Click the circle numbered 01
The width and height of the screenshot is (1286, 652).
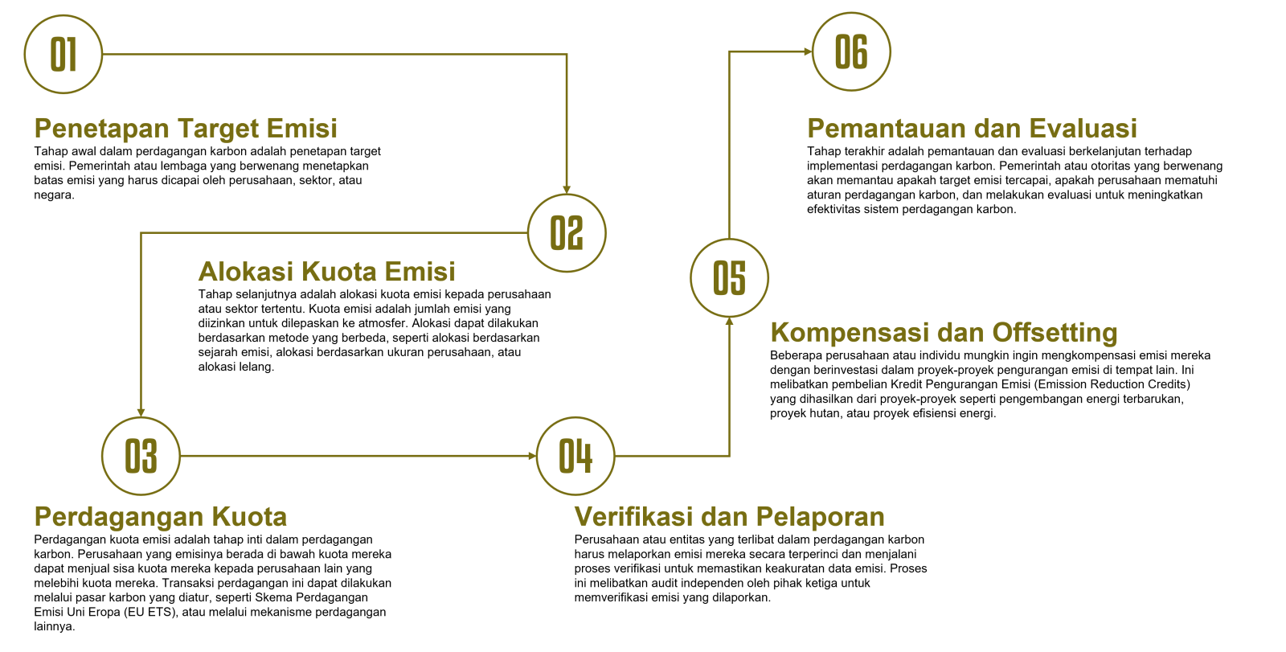tap(63, 55)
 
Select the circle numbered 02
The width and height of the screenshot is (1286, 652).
tap(567, 233)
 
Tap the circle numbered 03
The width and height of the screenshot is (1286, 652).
tap(141, 456)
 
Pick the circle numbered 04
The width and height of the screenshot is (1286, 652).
tap(575, 456)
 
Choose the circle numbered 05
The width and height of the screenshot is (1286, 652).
tap(730, 277)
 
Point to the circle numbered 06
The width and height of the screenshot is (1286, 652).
tap(851, 51)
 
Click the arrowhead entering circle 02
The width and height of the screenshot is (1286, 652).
tap(567, 189)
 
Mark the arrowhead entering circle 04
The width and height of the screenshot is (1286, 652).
tap(531, 456)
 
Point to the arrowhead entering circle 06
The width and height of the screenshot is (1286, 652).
tap(808, 51)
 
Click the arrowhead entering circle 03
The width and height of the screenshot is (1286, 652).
tap(141, 412)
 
